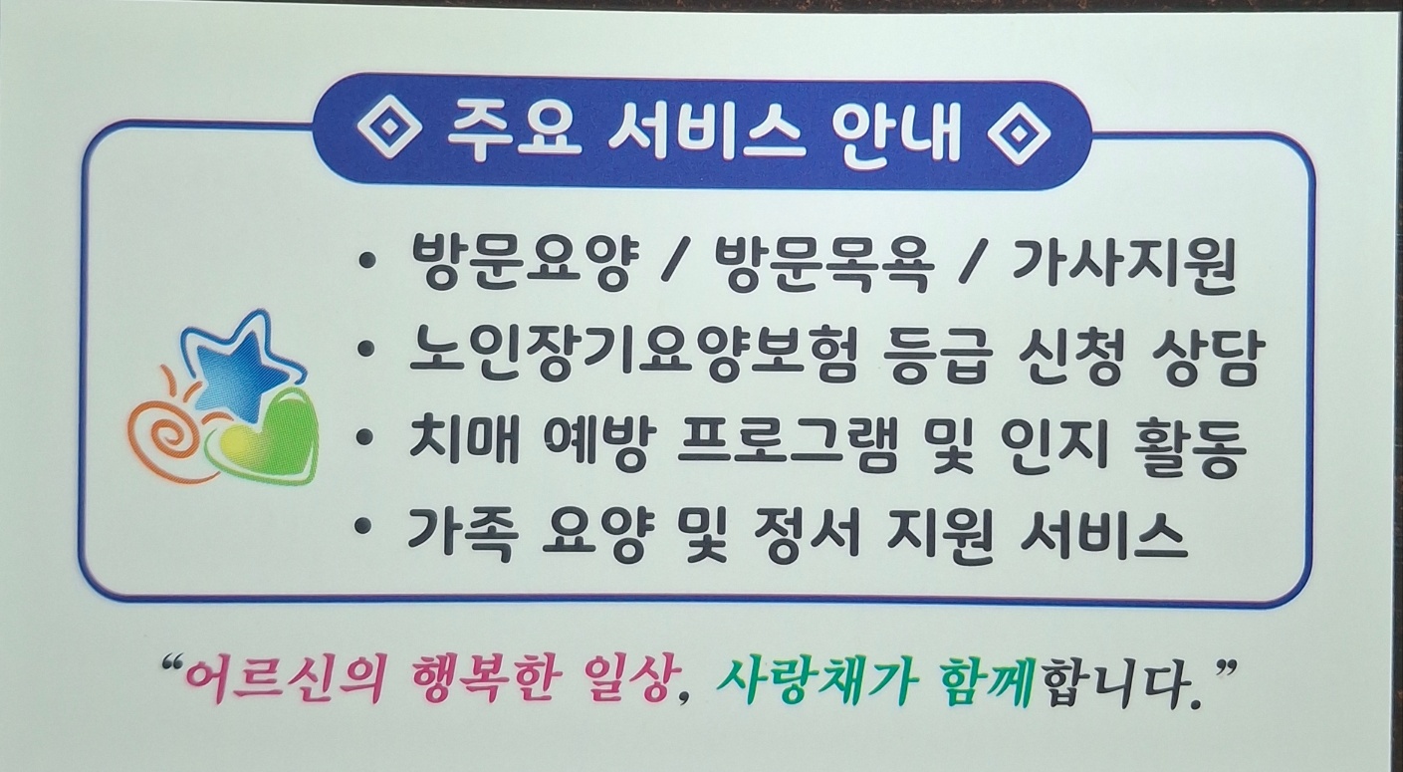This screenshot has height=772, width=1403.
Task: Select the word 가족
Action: [457, 535]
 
